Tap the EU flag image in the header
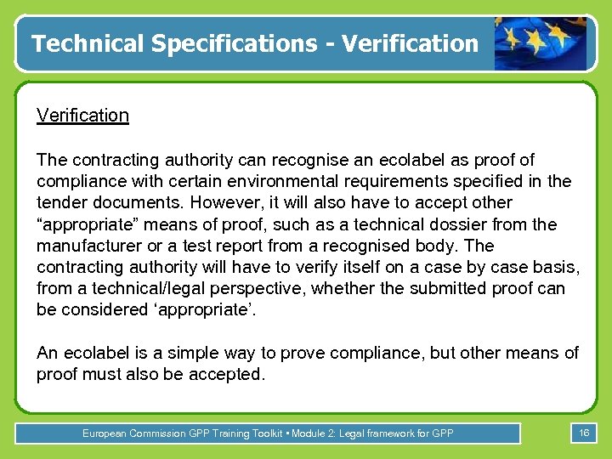[541, 43]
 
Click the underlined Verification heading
[82, 116]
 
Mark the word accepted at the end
[221, 375]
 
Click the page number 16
[584, 433]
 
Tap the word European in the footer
[105, 433]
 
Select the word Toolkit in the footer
[265, 433]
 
